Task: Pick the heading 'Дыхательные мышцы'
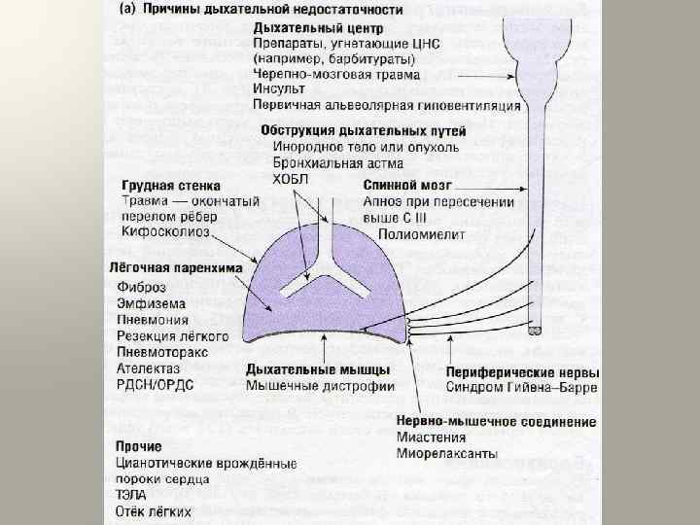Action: pos(318,369)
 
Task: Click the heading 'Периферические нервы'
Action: pos(522,372)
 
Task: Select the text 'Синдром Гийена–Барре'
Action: pos(523,388)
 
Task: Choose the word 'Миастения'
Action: pos(427,437)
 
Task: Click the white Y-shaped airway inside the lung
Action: pos(312,282)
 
